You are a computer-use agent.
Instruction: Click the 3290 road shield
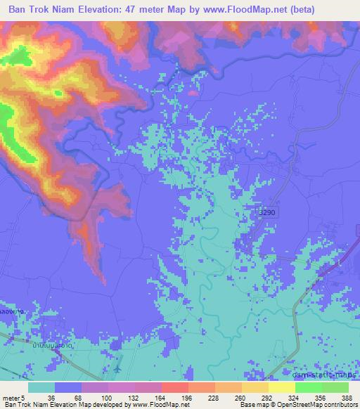coord(264,212)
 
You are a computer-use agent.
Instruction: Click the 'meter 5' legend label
coord(11,397)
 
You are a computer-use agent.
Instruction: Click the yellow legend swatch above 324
coord(282,387)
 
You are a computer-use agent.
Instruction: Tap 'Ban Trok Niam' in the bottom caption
coord(22,405)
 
